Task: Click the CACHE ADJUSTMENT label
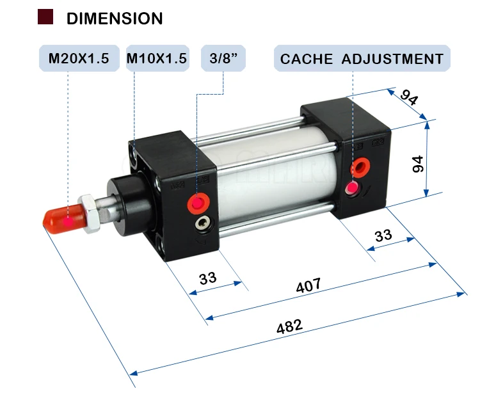(x=362, y=59)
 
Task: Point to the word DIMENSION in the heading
(x=115, y=19)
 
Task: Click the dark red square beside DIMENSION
(x=45, y=17)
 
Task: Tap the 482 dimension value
(x=289, y=326)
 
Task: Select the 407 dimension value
(x=308, y=285)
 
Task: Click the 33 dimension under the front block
(x=208, y=278)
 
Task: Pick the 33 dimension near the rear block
(x=383, y=235)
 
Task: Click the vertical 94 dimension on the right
(x=419, y=164)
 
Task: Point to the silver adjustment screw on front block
(x=204, y=223)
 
